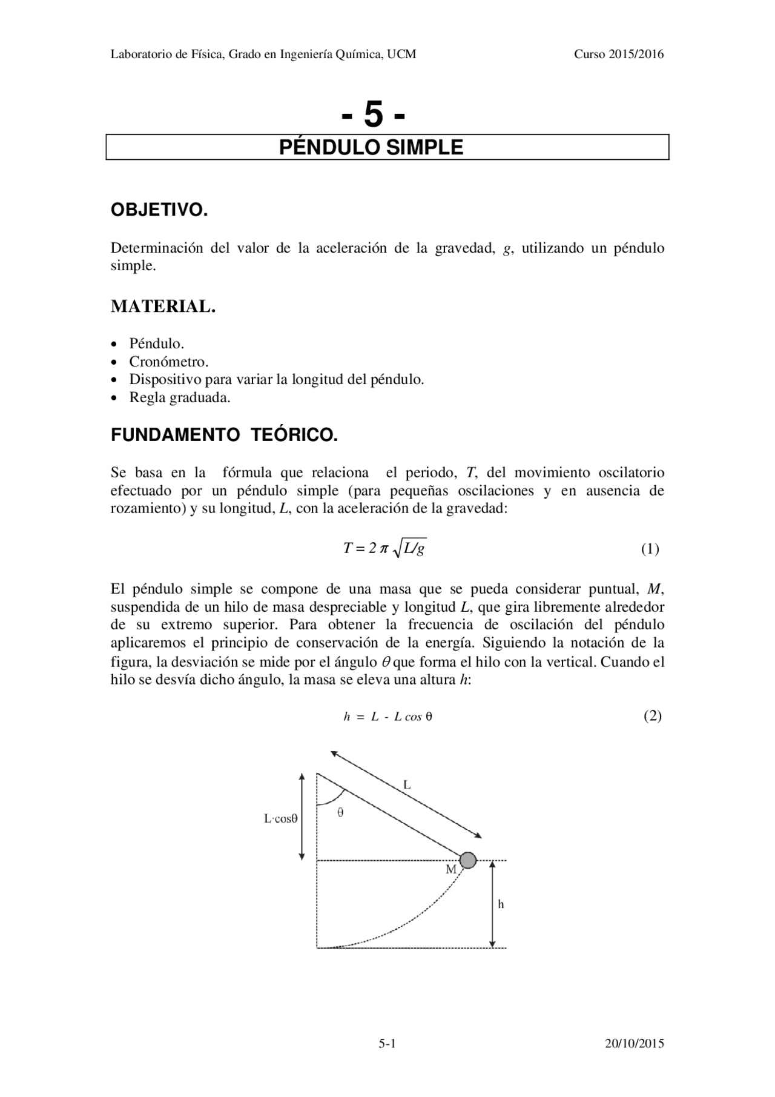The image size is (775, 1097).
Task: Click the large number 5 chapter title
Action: (373, 114)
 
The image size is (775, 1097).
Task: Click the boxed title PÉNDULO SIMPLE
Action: (371, 147)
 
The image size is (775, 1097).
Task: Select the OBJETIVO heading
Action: (159, 211)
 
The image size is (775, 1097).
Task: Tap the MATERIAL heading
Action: (163, 307)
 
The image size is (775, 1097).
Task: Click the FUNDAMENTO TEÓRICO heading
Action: (224, 435)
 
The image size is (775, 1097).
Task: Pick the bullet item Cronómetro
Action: (168, 362)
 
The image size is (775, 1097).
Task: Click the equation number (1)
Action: (650, 549)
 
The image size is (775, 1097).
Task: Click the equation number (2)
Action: (652, 715)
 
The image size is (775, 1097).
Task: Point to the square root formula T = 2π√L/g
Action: (384, 549)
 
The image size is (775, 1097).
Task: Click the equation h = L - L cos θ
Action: (387, 717)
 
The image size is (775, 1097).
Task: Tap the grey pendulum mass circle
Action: (467, 860)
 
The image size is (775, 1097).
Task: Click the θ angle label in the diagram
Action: (340, 813)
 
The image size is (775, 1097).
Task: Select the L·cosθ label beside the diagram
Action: (280, 818)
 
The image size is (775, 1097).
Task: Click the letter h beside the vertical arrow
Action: (501, 904)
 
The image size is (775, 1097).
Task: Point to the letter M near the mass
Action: (450, 869)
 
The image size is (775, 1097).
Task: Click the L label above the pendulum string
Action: (407, 784)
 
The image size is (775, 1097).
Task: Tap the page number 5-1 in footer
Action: (387, 1043)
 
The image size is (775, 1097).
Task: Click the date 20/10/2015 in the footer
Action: (634, 1043)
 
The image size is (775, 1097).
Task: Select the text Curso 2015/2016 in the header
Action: (619, 54)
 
